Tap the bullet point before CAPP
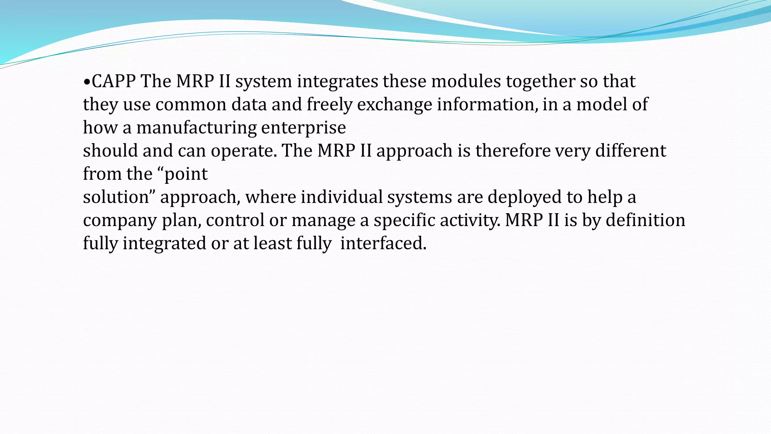[x=87, y=82]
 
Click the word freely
[x=329, y=105]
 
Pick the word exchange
[x=395, y=105]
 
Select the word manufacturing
[x=196, y=128]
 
